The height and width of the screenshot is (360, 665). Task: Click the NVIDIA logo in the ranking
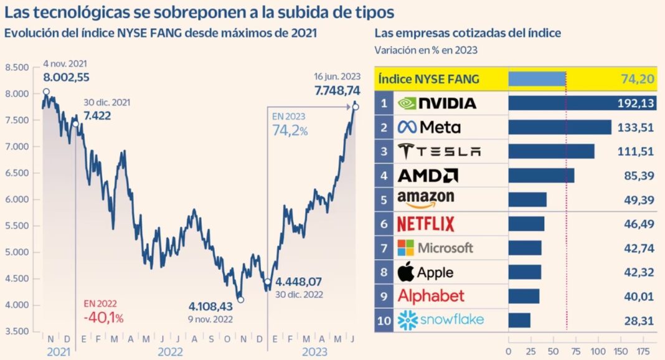(x=437, y=103)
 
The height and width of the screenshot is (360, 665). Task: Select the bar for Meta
(x=560, y=127)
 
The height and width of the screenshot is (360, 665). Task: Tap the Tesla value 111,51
(x=637, y=151)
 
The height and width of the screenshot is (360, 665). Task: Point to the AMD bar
(x=541, y=176)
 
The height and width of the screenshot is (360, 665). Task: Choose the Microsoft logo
(x=435, y=248)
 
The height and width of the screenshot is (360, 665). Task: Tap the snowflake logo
(x=440, y=320)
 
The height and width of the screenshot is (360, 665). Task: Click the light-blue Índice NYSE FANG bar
(x=537, y=79)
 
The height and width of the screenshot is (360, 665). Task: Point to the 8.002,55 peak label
(x=67, y=78)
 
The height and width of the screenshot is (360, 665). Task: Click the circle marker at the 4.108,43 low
(x=240, y=300)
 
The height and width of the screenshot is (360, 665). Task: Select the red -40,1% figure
(x=103, y=318)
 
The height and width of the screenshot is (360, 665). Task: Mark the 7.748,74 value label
(x=337, y=91)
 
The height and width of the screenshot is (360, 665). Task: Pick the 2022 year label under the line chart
(x=171, y=351)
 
